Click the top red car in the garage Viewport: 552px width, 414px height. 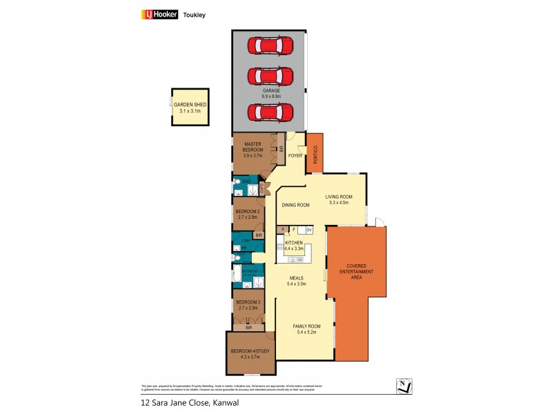(x=270, y=46)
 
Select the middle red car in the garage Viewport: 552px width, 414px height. (x=270, y=77)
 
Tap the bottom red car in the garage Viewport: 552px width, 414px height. (x=270, y=111)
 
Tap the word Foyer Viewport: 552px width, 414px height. (x=295, y=156)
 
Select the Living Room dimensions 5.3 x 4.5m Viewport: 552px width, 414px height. (x=339, y=203)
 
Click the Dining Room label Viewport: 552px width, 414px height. (x=295, y=205)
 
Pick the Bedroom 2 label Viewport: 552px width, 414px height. (x=247, y=212)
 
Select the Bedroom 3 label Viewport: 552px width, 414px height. (x=247, y=302)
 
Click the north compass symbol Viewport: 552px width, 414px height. (x=404, y=385)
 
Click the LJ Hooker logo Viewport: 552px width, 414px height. (x=160, y=14)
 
